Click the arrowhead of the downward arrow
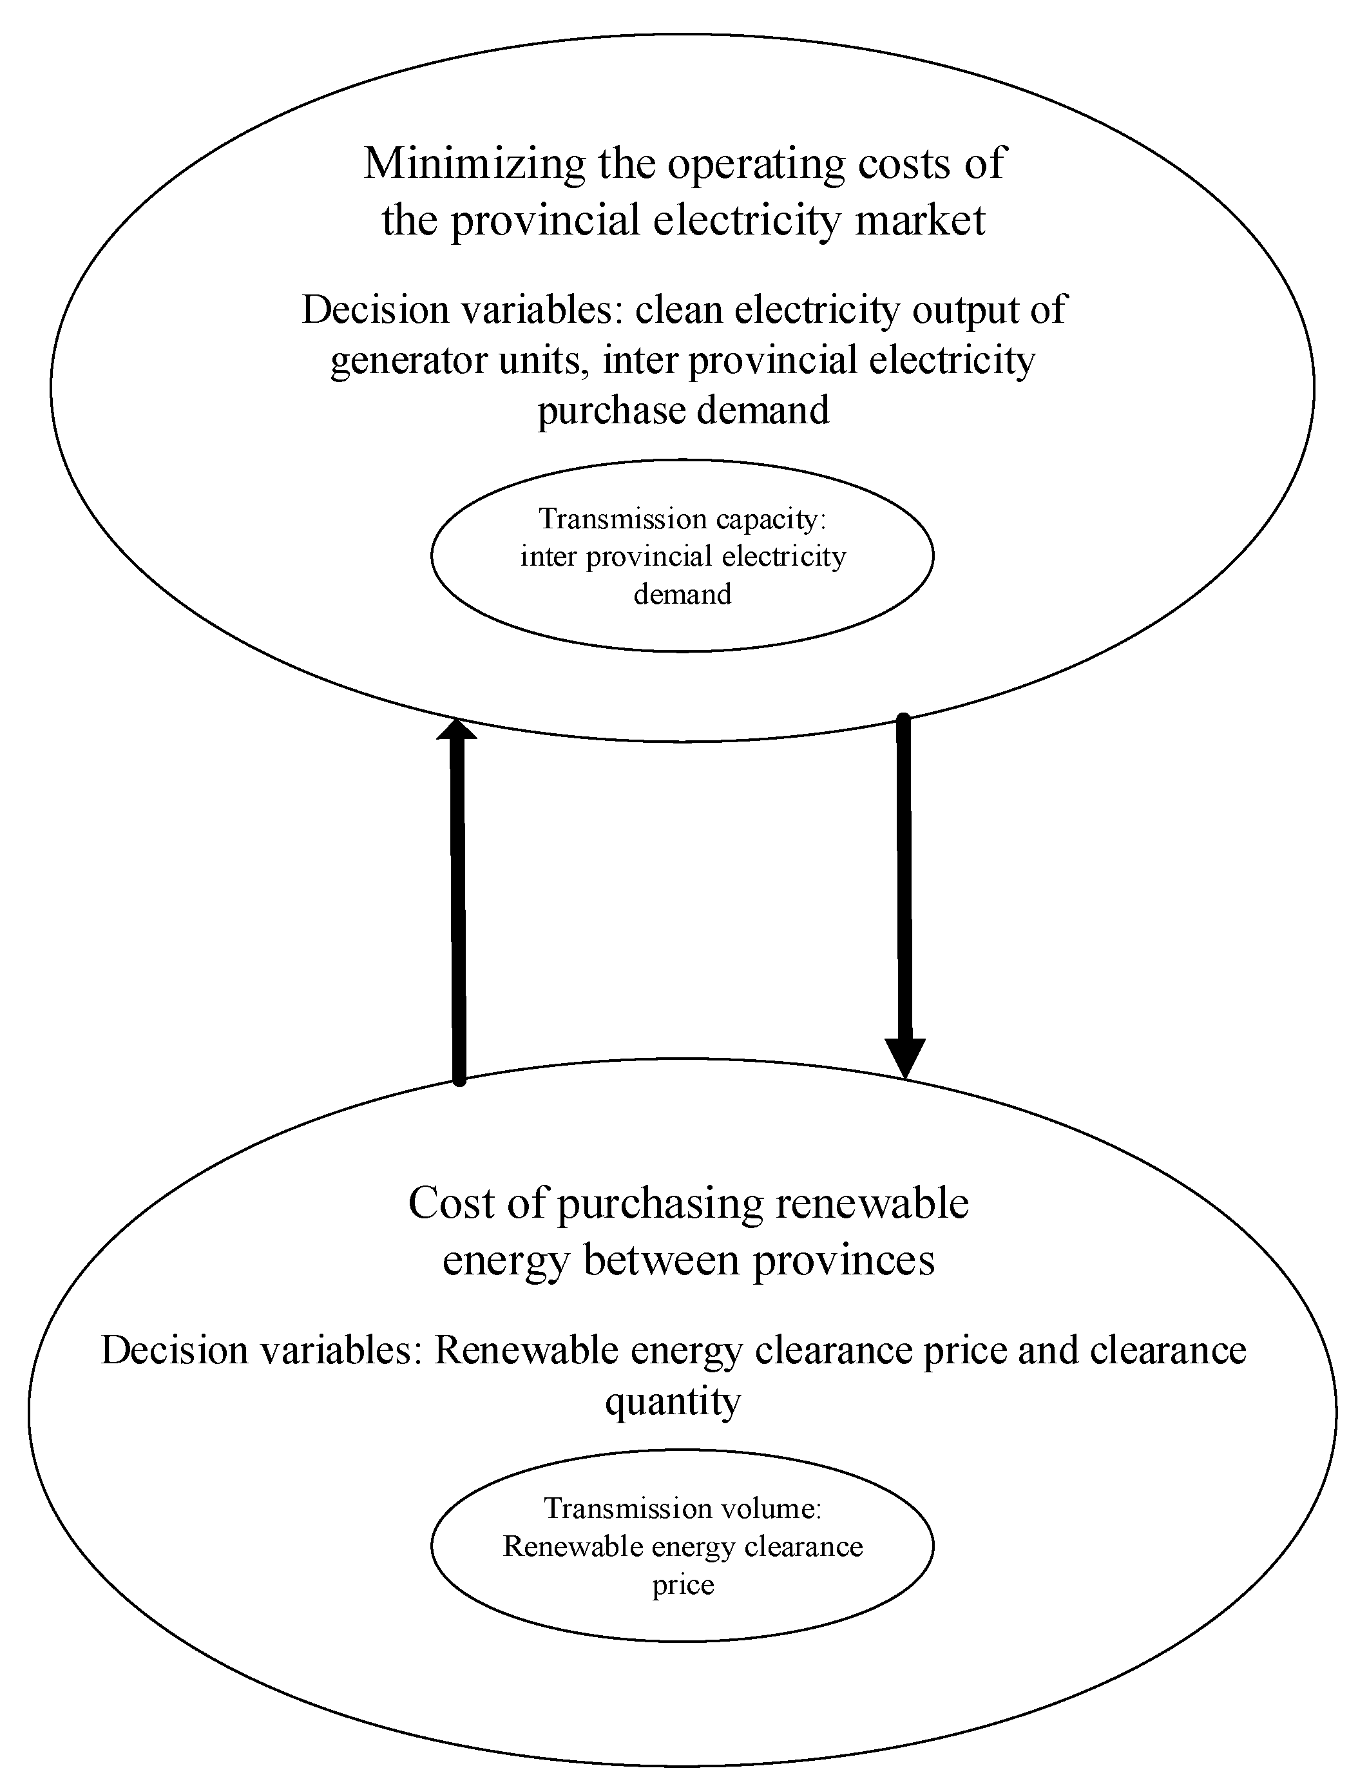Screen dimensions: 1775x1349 pos(905,1057)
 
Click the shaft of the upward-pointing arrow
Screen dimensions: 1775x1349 pos(457,908)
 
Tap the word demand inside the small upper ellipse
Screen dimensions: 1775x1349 pos(682,594)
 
